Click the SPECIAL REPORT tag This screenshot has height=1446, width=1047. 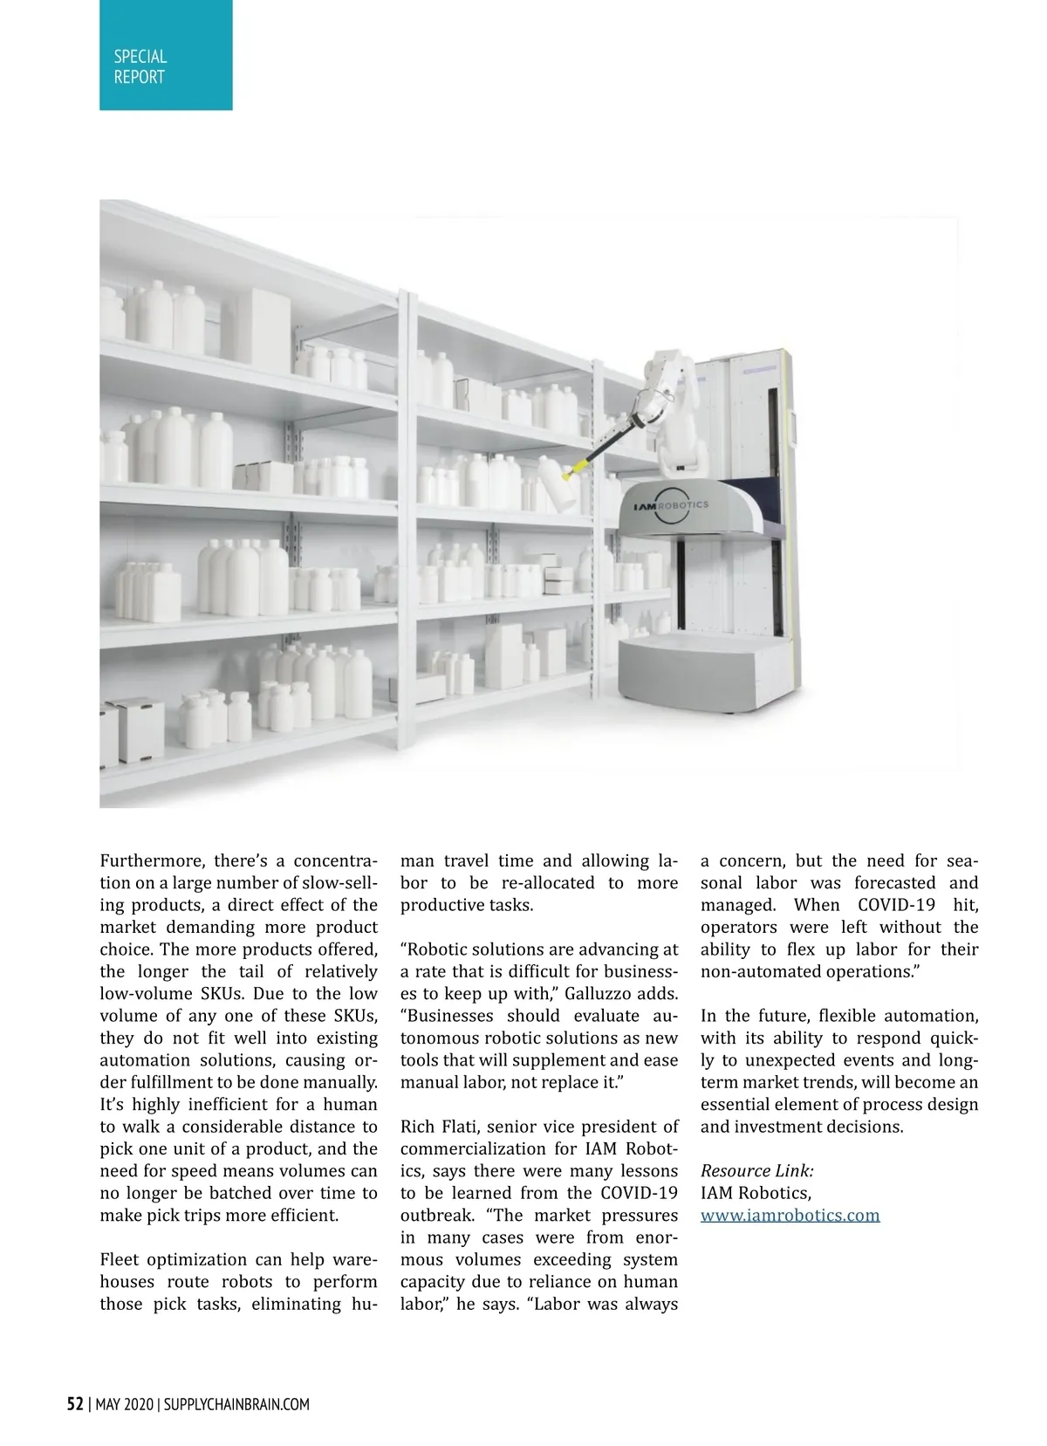pos(165,55)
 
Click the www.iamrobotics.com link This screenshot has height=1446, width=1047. pos(790,1215)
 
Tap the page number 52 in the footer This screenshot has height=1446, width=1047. pos(76,1404)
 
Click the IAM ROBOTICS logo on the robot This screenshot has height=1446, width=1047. pos(671,505)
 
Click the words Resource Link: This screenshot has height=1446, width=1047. pos(756,1170)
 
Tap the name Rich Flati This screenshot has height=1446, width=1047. pos(438,1127)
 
